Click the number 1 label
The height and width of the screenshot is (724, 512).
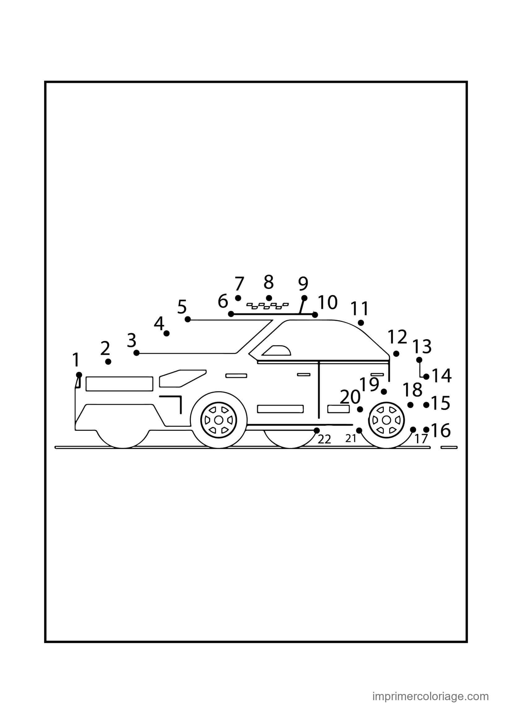[76, 360]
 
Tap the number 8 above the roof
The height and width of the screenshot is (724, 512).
[269, 282]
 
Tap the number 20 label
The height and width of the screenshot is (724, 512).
[350, 397]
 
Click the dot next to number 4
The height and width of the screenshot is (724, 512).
[167, 333]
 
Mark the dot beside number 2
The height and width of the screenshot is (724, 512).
[108, 361]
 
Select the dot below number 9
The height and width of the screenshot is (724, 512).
[304, 298]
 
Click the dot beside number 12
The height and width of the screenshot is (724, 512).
[396, 354]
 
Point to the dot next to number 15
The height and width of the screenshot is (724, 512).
[426, 405]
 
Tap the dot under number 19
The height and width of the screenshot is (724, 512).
[384, 392]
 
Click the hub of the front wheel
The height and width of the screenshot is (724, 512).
[219, 420]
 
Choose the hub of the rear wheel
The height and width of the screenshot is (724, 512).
[386, 420]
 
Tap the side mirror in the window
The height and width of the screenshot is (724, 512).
[277, 351]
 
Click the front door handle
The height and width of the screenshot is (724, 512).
[236, 375]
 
